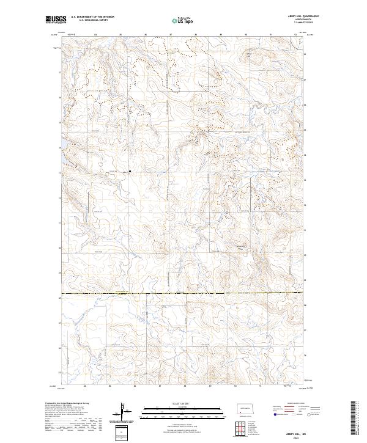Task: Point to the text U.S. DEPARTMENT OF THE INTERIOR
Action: [92, 16]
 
